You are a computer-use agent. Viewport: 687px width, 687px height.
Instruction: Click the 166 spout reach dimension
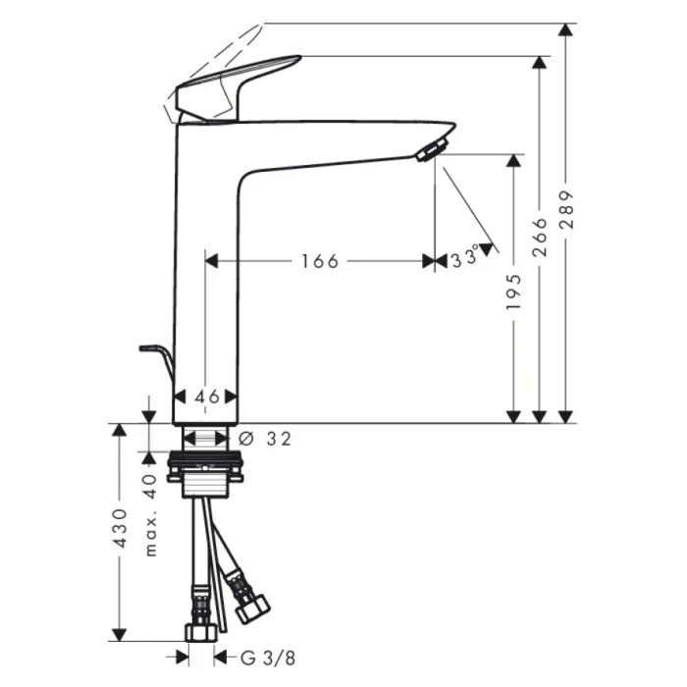click(320, 261)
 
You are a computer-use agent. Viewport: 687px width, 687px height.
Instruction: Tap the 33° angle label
click(465, 258)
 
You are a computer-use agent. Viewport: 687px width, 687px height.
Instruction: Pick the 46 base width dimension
click(206, 396)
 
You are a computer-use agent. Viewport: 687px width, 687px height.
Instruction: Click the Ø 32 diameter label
click(265, 439)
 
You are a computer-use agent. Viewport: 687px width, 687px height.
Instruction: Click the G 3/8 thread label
click(255, 657)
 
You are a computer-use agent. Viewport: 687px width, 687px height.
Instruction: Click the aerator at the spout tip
click(430, 150)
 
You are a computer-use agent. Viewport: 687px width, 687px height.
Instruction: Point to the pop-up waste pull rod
click(157, 357)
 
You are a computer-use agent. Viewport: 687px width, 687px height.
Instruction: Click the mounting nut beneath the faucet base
click(206, 471)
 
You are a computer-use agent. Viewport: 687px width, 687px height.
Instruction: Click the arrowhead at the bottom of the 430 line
click(121, 634)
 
